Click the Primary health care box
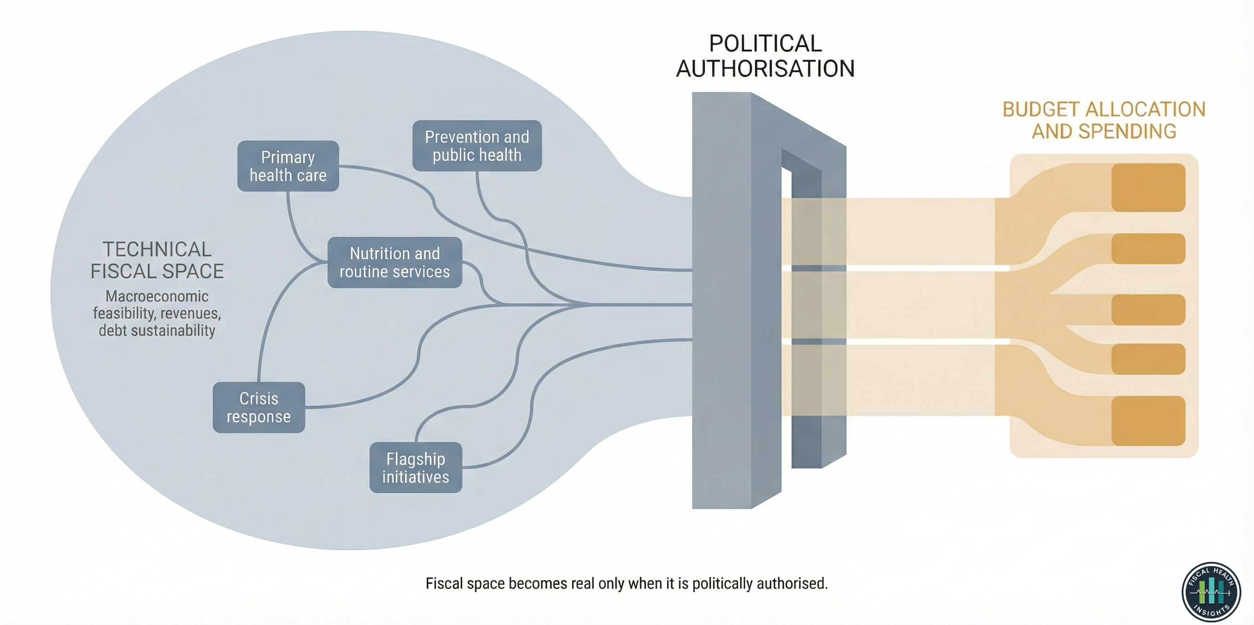point(288,166)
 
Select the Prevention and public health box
point(477,146)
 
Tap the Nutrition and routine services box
point(394,263)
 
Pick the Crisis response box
point(258,407)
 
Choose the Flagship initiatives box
point(415,468)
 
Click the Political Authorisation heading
point(765,56)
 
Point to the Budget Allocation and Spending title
point(1104,120)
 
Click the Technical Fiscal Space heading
point(157,260)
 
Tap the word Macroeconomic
point(157,296)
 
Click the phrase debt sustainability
point(157,331)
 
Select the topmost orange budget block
point(1148,187)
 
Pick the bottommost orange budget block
point(1148,421)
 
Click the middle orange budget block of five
point(1148,310)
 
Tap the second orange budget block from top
point(1148,248)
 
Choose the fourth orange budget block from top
point(1148,359)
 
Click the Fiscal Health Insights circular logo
point(1211,592)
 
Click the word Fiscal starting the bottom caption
point(441,584)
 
